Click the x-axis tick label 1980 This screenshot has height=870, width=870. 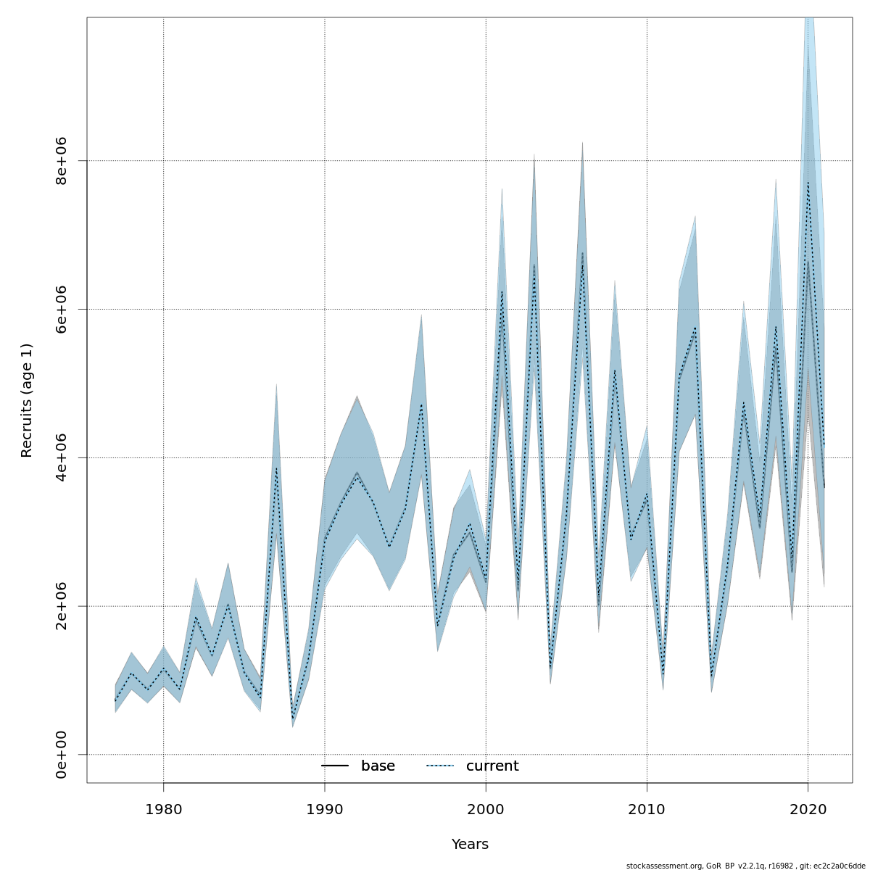pos(163,808)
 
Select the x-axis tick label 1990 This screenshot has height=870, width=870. pos(324,808)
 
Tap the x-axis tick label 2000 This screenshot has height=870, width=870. pos(486,808)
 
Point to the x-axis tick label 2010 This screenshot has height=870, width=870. pos(647,808)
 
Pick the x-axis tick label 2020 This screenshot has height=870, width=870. pos(808,808)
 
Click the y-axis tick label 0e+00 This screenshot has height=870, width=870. pos(62,755)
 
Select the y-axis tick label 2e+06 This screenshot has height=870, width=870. pos(62,606)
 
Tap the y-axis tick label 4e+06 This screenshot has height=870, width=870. pos(62,457)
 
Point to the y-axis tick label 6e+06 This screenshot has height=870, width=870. pos(62,309)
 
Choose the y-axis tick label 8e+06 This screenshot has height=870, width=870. pos(62,160)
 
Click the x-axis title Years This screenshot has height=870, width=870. pos(470,845)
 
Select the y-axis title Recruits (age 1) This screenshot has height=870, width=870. pos(27,400)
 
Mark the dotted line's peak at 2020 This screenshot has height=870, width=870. pos(808,182)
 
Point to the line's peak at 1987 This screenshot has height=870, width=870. pos(276,468)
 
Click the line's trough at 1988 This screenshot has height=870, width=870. pos(292,720)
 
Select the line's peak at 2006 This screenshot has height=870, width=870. pos(582,252)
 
